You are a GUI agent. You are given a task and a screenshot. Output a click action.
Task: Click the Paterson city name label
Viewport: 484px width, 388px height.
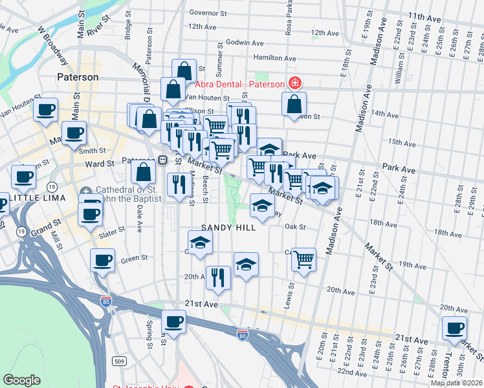[x=77, y=77]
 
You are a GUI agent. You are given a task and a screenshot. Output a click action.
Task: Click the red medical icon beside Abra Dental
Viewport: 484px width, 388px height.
[x=294, y=83]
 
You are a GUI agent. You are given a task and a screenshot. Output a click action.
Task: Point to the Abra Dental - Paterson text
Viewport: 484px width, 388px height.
[x=239, y=84]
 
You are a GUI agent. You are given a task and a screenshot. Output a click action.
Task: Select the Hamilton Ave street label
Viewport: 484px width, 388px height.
[x=276, y=58]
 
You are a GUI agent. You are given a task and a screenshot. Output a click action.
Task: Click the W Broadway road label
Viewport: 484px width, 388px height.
[x=52, y=45]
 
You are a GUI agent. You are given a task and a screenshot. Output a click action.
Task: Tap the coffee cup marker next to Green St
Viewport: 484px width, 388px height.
[x=103, y=261]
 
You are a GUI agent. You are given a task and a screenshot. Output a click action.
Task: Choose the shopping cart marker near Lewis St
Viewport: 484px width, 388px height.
[x=303, y=260]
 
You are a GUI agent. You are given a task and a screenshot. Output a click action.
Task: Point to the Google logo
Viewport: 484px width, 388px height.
[x=21, y=380]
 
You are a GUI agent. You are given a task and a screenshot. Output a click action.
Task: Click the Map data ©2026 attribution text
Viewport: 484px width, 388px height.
[x=457, y=383]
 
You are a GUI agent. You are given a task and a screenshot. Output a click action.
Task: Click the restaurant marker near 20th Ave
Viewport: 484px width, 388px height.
[x=219, y=278]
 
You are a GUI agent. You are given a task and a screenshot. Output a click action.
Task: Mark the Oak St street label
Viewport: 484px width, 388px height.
[x=294, y=227]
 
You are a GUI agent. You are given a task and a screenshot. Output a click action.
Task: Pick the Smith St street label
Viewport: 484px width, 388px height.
[x=93, y=150]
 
